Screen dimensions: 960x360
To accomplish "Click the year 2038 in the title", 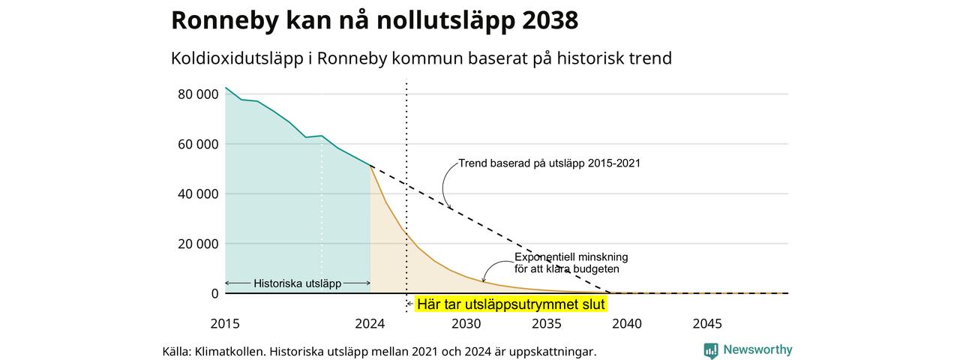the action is coord(550,19).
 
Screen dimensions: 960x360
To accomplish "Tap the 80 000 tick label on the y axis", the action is coord(198,94).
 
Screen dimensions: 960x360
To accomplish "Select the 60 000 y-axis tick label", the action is coord(198,145).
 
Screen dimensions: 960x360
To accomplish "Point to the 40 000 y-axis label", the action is coord(198,194).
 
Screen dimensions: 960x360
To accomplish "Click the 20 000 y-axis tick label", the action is coord(198,244).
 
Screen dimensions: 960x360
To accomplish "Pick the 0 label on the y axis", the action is coord(214,293).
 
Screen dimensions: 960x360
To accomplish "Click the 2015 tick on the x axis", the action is coord(225,323).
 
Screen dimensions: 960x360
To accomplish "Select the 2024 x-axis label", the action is coord(370,323).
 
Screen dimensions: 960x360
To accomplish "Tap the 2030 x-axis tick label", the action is coord(466,323).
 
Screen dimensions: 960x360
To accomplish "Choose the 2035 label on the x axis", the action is coord(547,323).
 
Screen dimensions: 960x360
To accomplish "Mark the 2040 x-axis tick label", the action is coord(627,323).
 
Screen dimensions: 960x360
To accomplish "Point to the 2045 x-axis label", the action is coord(707,323).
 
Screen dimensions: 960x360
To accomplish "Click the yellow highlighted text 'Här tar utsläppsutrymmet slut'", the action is coord(511,304).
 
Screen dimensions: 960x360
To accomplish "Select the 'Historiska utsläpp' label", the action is coord(298,283).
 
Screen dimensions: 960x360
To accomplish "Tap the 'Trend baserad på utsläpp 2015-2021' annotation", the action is coord(550,163).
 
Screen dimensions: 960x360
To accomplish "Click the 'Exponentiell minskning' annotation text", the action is coord(571,257).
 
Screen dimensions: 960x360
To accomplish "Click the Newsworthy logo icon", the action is coord(710,350).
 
